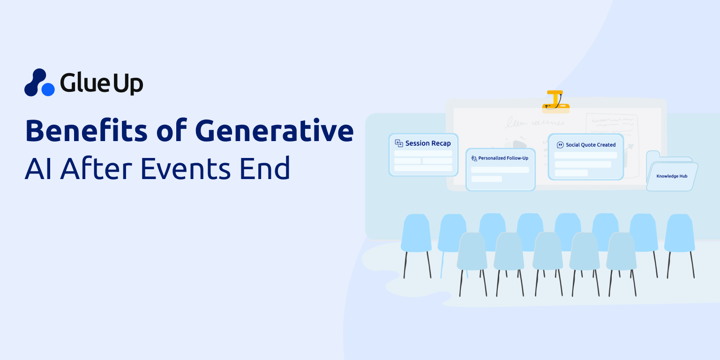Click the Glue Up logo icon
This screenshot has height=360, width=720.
(39, 82)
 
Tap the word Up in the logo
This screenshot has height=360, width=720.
(127, 84)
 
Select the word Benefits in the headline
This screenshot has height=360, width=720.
(86, 130)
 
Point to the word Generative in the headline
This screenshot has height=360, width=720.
(274, 130)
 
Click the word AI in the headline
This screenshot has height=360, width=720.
(38, 168)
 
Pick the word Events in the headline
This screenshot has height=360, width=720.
(186, 168)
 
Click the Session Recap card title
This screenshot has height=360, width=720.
(428, 143)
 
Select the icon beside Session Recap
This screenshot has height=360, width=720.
(399, 143)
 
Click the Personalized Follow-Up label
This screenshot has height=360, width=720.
(503, 158)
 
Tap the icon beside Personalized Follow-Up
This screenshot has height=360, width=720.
(474, 158)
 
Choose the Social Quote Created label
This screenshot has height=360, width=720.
(591, 145)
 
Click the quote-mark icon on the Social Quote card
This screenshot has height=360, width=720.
(560, 145)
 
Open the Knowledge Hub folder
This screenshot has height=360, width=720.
(672, 171)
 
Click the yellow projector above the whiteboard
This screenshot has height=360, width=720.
(556, 102)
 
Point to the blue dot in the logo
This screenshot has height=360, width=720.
(48, 90)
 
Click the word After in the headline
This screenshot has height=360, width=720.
(96, 168)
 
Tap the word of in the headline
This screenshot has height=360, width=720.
(172, 130)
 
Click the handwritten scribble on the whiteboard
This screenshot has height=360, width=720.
(535, 122)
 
